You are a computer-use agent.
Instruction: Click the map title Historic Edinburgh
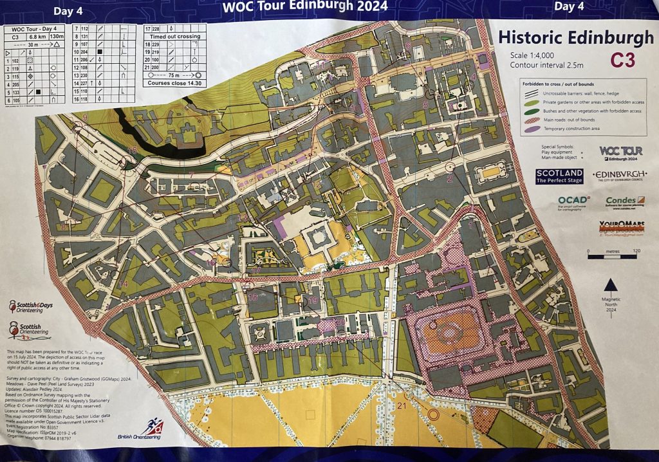576,38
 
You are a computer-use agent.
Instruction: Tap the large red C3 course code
622,60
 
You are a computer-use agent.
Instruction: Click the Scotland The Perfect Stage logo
559,176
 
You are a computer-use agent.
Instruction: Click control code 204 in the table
84,51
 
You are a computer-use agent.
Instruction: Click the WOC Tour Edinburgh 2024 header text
304,7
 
